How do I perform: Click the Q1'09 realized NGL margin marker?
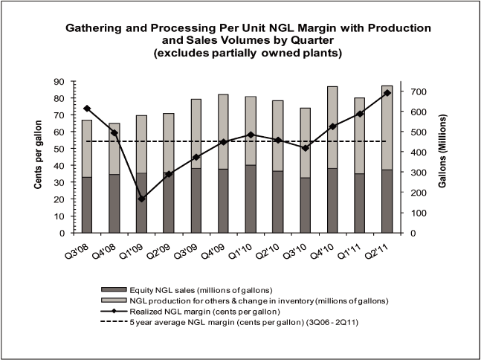click(x=142, y=199)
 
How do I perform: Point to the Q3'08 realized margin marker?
click(x=87, y=109)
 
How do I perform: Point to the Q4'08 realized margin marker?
click(x=114, y=133)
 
